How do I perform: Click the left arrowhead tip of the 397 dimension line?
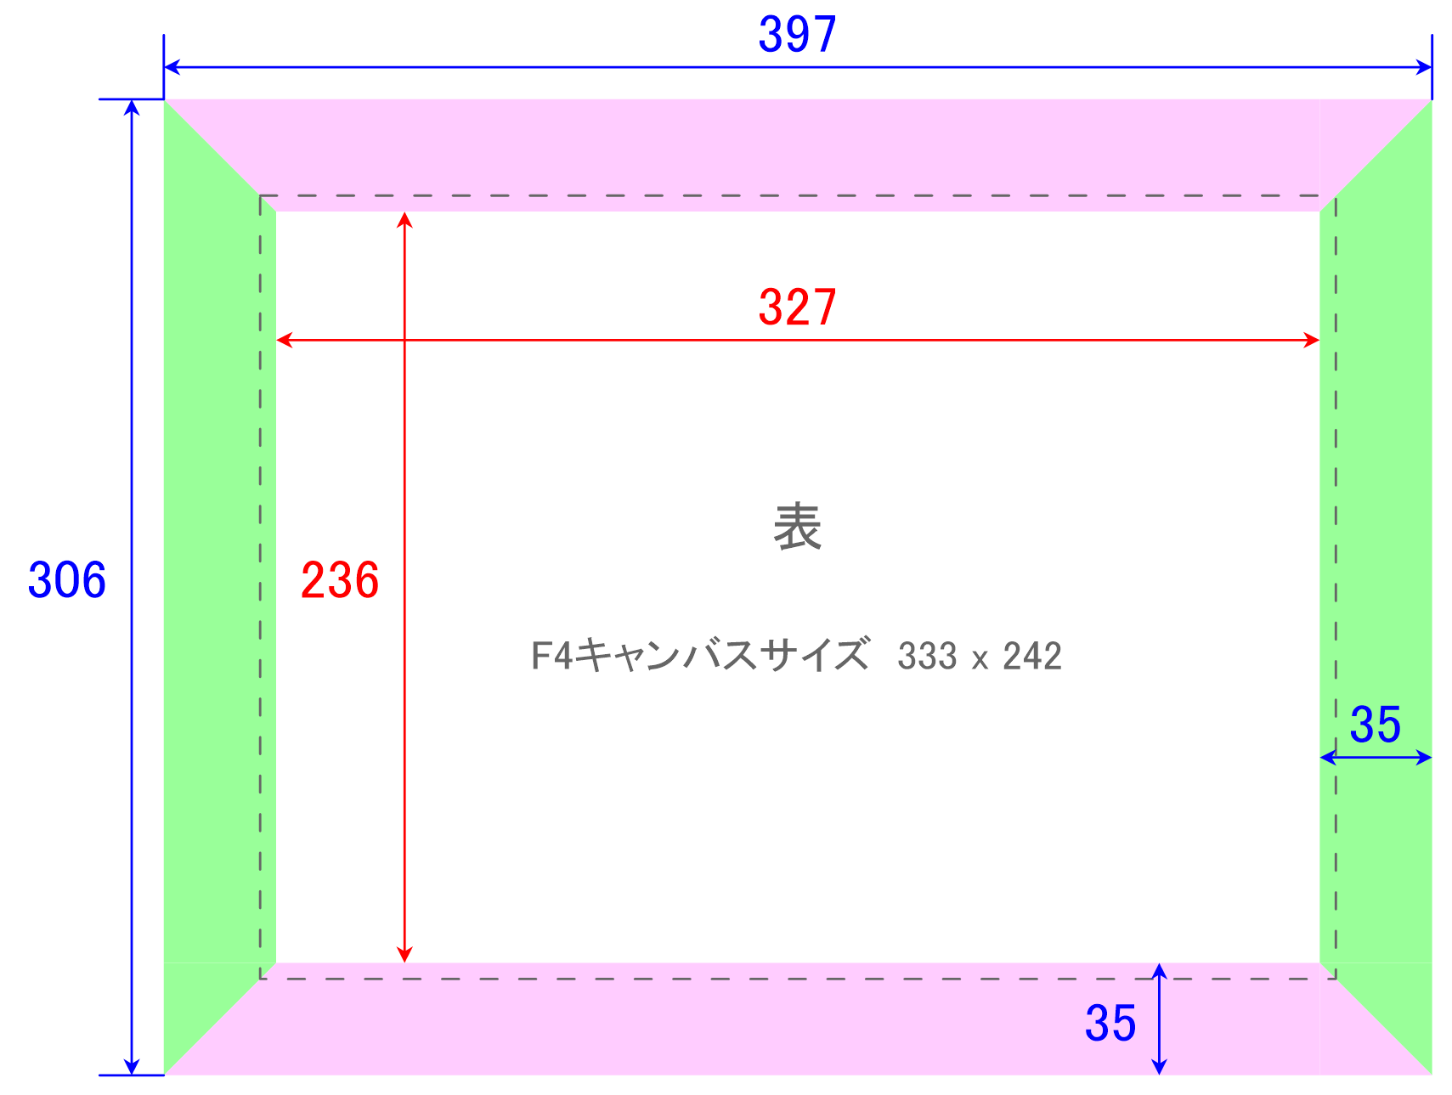click(x=165, y=67)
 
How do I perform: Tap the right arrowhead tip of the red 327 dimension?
click(x=1319, y=340)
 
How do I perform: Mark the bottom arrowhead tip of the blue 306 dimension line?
click(x=132, y=1075)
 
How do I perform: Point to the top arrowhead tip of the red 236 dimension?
click(x=405, y=212)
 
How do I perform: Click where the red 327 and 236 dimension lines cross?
click(x=405, y=340)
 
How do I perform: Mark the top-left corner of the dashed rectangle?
click(x=261, y=196)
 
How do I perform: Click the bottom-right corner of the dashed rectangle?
click(x=1336, y=979)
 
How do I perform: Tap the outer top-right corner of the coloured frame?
click(x=1432, y=99)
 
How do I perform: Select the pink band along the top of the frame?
click(x=798, y=155)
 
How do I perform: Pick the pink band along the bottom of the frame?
click(x=798, y=1019)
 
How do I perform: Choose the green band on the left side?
click(x=220, y=587)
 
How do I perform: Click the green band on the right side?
click(x=1376, y=587)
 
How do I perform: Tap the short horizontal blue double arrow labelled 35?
click(x=1376, y=757)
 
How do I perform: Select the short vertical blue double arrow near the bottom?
click(x=1159, y=1019)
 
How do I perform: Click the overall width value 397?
click(x=798, y=35)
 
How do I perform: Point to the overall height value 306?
click(x=67, y=581)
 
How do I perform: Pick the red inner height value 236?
click(x=340, y=581)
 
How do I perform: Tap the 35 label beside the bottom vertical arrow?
click(x=1110, y=1024)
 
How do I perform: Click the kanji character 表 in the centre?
click(x=798, y=527)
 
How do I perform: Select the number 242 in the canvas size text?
click(x=1032, y=657)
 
